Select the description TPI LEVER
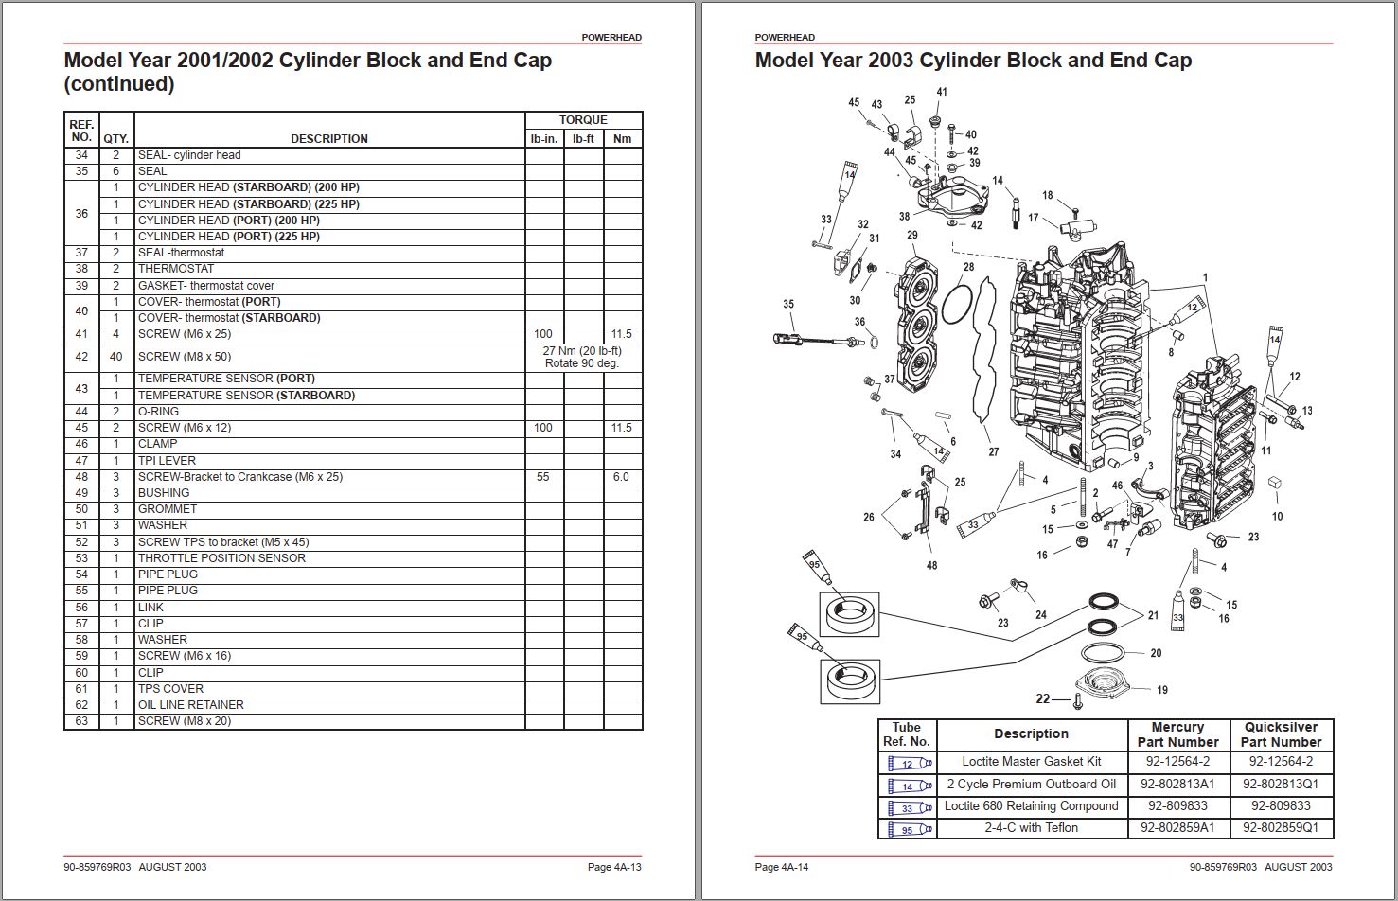pos(167,461)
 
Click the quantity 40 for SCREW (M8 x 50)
pos(116,357)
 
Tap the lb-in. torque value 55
pos(542,477)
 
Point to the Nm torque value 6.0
pos(621,477)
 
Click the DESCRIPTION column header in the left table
pos(329,138)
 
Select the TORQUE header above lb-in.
pos(583,120)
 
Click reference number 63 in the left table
pos(81,721)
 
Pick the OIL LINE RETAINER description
pos(190,705)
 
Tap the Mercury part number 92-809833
pos(1177,806)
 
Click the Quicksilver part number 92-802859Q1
pos(1281,828)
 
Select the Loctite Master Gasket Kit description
pos(1032,762)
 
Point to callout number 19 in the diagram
pos(1162,690)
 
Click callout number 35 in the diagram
pos(788,305)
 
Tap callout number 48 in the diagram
pos(932,565)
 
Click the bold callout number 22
pos(1043,698)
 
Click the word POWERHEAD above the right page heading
pos(785,38)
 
